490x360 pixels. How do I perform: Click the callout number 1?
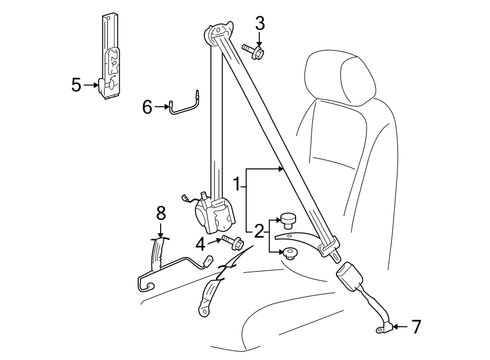pos(237,185)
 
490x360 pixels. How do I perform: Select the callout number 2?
pos(259,231)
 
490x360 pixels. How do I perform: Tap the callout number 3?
pos(260,23)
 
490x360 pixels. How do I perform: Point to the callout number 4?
pos(201,245)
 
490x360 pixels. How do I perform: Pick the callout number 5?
pos(76,84)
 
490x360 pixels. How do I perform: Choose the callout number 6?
pos(147,107)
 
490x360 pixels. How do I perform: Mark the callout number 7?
pos(416,327)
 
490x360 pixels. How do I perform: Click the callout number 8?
pos(160,212)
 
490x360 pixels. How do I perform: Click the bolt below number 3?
pos(254,52)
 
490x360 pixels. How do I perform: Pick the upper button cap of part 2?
pos(288,219)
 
